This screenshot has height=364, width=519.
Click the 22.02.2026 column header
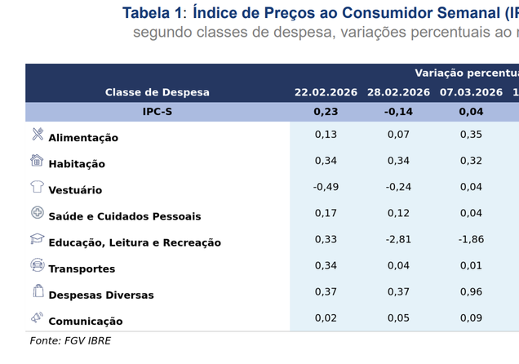point(326,92)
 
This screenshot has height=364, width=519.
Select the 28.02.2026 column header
point(398,92)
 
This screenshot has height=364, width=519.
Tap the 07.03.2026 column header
point(471,92)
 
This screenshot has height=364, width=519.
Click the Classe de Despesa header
point(157,92)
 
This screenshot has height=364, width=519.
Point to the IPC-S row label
point(157,112)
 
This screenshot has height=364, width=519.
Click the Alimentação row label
point(83,138)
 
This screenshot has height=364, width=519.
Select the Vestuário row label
point(75,190)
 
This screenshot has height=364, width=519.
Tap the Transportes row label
point(82,269)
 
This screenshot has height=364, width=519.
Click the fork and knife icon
point(38,134)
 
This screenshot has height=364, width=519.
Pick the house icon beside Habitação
point(38,160)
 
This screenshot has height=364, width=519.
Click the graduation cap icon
point(38,238)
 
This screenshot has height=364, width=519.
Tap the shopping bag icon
point(38,291)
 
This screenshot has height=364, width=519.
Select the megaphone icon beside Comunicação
point(38,317)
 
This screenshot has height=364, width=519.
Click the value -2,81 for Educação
point(398,239)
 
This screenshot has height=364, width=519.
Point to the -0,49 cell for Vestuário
point(326,187)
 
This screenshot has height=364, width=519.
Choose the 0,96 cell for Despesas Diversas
point(471,291)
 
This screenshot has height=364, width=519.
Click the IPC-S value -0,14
point(398,112)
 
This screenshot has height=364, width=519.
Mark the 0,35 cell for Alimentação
point(471,135)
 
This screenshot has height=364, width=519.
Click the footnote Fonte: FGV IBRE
point(70,340)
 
